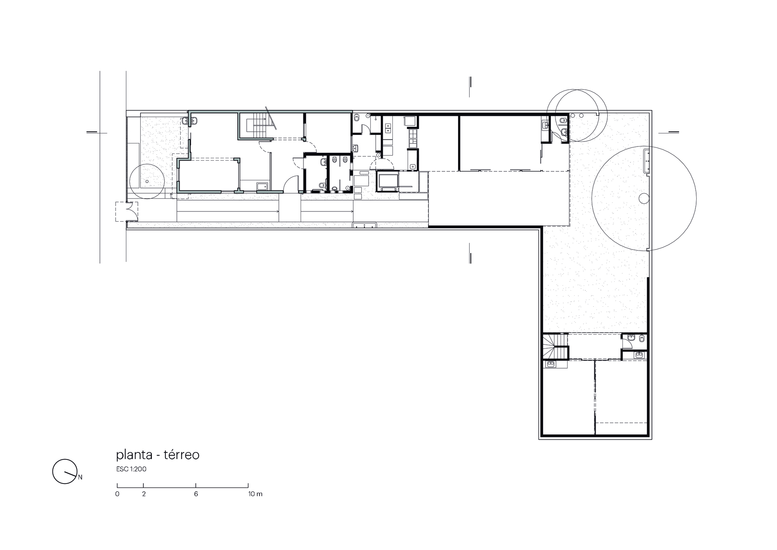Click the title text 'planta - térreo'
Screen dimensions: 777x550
coord(158,455)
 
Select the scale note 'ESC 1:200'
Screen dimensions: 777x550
coord(131,469)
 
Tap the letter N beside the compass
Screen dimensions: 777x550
coord(80,477)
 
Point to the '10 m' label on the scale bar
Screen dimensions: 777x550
coord(256,494)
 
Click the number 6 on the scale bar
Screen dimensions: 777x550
coord(196,494)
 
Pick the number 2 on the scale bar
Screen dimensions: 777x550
coord(144,494)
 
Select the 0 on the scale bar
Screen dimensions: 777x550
coord(117,494)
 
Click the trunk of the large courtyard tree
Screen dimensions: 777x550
coord(644,199)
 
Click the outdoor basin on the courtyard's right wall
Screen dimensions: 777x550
coord(647,161)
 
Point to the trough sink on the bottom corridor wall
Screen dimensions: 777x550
coord(364,225)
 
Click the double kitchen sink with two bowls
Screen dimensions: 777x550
coord(388,129)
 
